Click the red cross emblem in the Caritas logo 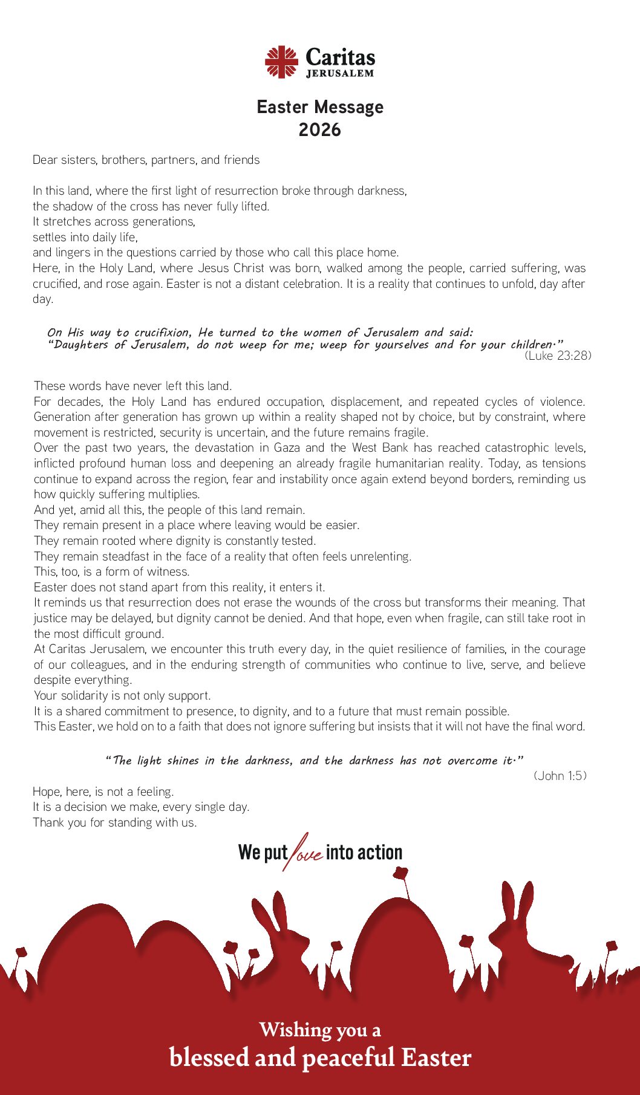click(x=281, y=62)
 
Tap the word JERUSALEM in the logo click(x=340, y=74)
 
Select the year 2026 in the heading click(x=319, y=130)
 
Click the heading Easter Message click(x=320, y=107)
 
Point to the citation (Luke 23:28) click(x=558, y=356)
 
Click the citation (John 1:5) click(x=560, y=776)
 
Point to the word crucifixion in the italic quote click(x=162, y=333)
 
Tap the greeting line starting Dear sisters click(x=146, y=160)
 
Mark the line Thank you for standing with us click(x=115, y=822)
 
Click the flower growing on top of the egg click(x=400, y=874)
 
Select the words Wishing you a click(x=320, y=1030)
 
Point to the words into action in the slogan click(x=364, y=853)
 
